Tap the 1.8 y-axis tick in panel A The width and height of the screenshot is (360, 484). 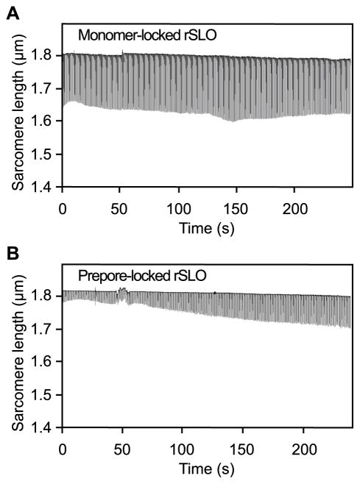pyautogui.click(x=46, y=55)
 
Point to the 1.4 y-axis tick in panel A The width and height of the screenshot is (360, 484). pyautogui.click(x=46, y=188)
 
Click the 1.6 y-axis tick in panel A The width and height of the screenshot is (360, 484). pyautogui.click(x=46, y=121)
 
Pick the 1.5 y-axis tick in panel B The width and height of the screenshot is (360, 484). pyautogui.click(x=46, y=395)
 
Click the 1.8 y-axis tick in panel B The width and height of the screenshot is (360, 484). pyautogui.click(x=46, y=296)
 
